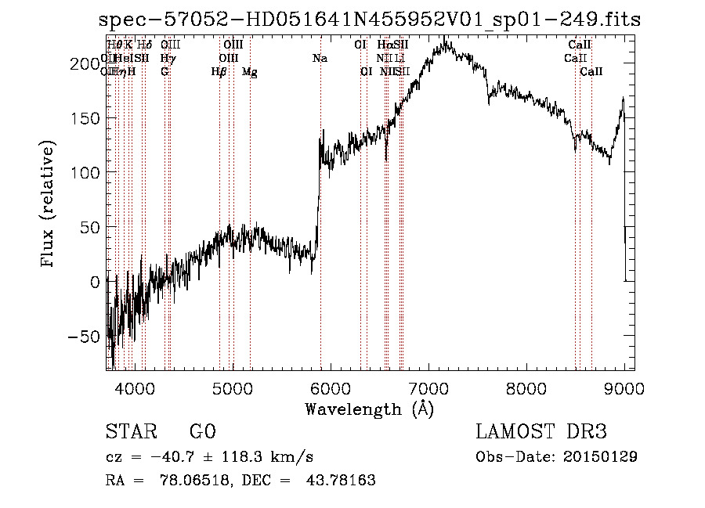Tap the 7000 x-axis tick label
pyautogui.click(x=428, y=387)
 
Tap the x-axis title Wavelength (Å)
pyautogui.click(x=369, y=409)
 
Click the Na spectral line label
pyautogui.click(x=320, y=59)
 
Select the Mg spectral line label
pyautogui.click(x=249, y=72)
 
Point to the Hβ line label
pyautogui.click(x=219, y=72)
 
